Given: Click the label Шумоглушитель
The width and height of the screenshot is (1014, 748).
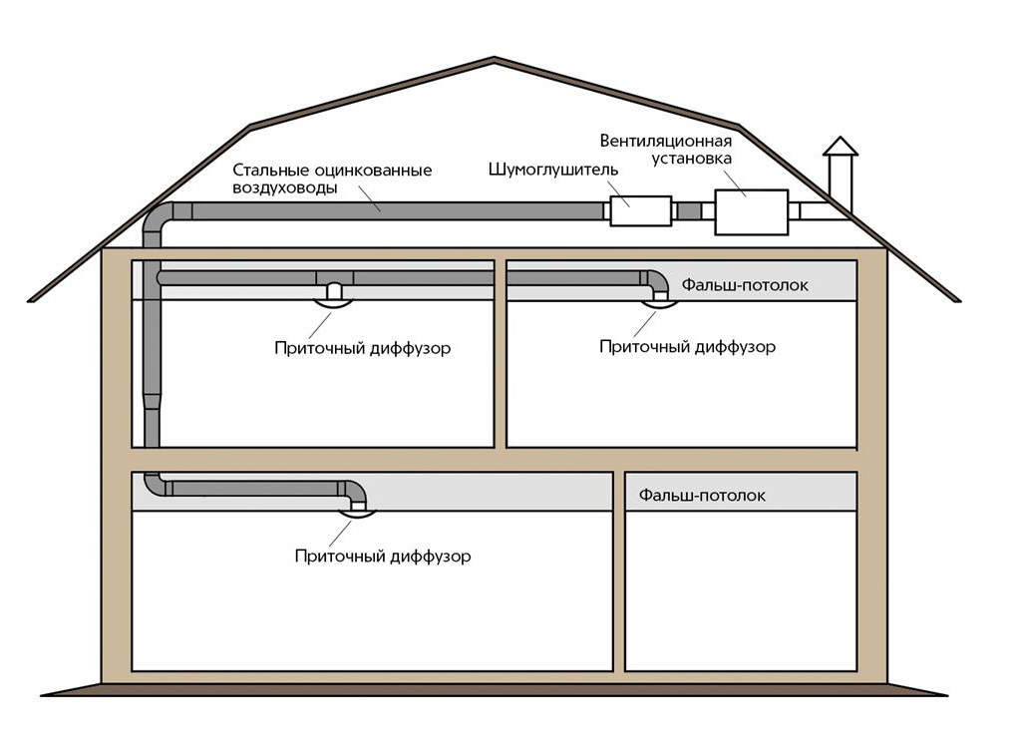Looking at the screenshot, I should tap(552, 170).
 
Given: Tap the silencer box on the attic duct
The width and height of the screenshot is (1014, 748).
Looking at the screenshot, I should tap(640, 210).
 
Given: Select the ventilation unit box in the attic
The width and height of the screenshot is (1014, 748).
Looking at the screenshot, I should tap(751, 211).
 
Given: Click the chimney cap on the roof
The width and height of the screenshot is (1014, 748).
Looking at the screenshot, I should tap(840, 148).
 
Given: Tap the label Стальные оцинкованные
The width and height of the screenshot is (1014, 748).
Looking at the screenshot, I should tap(332, 171).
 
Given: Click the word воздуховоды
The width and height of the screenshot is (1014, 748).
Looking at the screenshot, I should tap(285, 187).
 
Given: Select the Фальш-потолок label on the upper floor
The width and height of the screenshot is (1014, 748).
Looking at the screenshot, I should tap(746, 285).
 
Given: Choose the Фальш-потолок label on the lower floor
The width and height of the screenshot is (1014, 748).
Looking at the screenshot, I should tap(703, 495).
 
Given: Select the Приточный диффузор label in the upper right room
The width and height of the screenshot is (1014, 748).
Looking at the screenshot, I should tap(687, 347).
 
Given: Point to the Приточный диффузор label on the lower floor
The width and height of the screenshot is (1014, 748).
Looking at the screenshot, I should tap(383, 556).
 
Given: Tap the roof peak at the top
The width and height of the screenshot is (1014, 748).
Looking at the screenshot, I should tap(494, 61).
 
